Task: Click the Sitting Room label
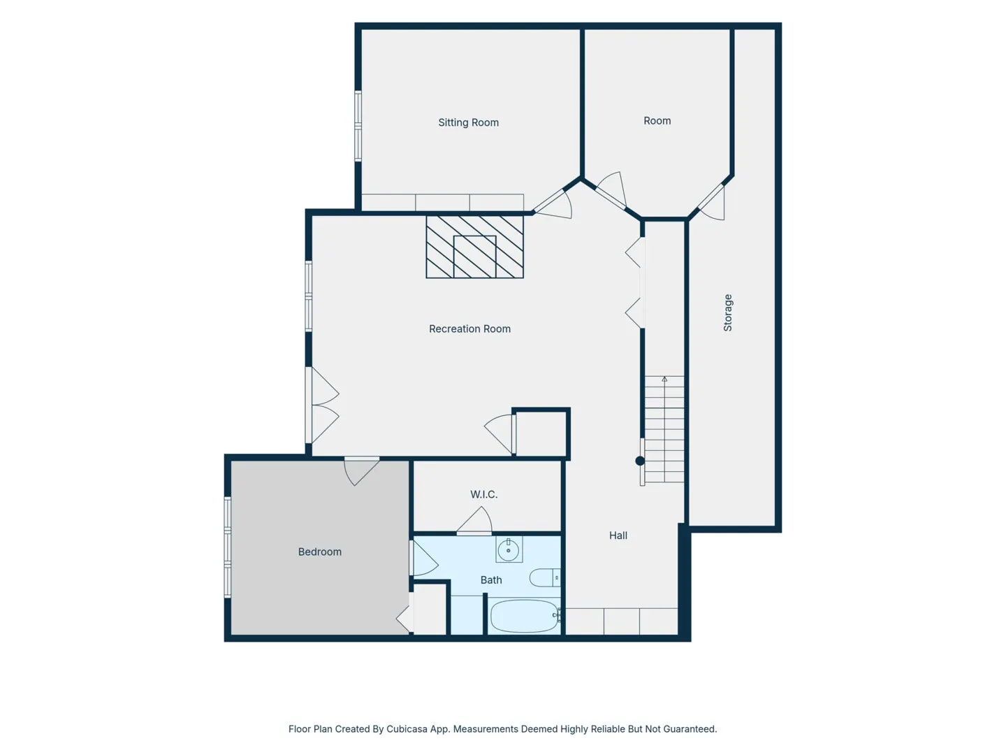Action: point(468,122)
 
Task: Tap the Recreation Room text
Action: point(469,329)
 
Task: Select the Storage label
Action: point(727,312)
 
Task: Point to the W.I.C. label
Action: point(483,494)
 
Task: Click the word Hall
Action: point(618,535)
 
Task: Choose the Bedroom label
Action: point(319,552)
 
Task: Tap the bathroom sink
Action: point(509,549)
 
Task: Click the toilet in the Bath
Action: point(544,577)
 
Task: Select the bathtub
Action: point(525,616)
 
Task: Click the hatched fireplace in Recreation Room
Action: point(474,247)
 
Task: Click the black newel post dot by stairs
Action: point(640,461)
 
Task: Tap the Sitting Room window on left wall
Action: point(358,126)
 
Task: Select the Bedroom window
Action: point(227,547)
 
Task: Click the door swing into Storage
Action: point(711,202)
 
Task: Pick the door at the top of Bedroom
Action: point(362,470)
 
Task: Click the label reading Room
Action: point(657,120)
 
